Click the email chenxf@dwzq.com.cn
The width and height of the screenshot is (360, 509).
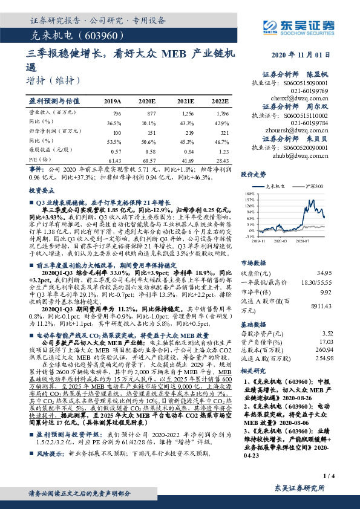click(x=309, y=97)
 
